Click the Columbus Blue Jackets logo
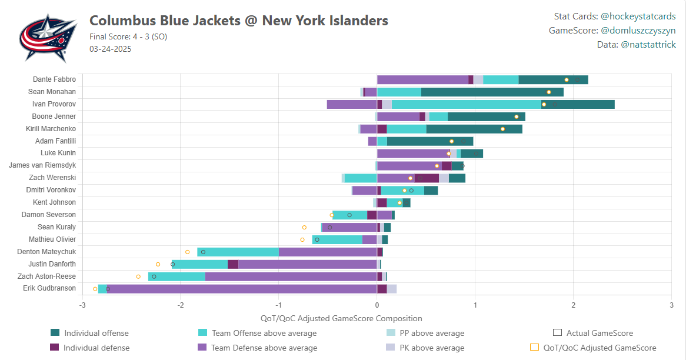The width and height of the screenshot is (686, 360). (x=48, y=38)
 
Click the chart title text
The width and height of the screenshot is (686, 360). (x=238, y=21)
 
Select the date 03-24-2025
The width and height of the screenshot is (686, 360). (x=111, y=49)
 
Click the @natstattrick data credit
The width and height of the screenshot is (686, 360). (x=648, y=45)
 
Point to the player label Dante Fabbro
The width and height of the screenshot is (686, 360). (x=54, y=79)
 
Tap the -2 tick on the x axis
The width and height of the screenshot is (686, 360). (x=181, y=305)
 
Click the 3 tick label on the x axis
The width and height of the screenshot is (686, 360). (x=671, y=305)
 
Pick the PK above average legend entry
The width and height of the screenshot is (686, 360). (x=432, y=348)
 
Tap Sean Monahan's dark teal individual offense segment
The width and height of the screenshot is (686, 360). (x=492, y=92)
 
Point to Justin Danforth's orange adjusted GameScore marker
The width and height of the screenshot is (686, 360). (x=158, y=264)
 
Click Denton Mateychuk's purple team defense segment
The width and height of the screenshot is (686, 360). (x=328, y=252)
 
